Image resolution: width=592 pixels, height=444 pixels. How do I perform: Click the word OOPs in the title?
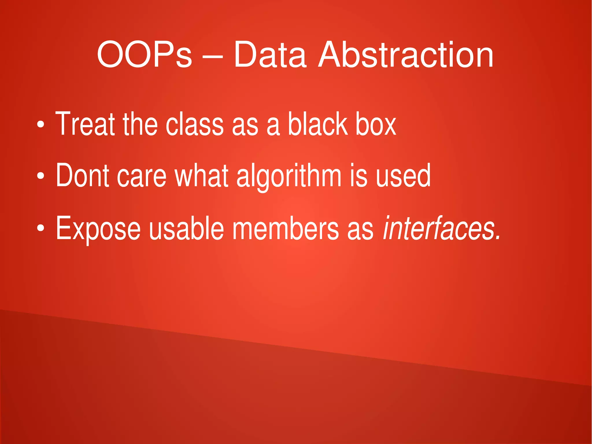point(144,55)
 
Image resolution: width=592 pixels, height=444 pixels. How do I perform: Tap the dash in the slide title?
point(212,56)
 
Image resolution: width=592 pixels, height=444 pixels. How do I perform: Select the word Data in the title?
point(270,55)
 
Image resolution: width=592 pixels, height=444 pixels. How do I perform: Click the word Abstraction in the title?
point(405,55)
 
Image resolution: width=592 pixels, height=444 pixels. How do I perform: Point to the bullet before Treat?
point(40,125)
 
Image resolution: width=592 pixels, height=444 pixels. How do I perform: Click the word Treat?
point(85,124)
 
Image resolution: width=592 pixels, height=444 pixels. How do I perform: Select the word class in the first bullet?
point(195,124)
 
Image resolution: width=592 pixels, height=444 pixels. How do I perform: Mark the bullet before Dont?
point(40,176)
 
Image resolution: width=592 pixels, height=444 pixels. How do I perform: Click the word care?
point(142,176)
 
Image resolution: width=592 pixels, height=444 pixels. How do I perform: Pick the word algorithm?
point(289,176)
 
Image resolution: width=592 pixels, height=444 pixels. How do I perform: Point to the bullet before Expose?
point(40,228)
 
